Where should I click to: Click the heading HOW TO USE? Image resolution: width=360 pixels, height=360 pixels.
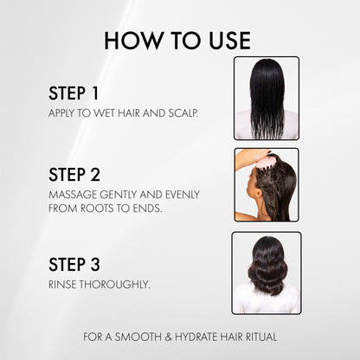177,41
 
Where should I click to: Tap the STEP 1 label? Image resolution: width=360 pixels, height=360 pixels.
74,93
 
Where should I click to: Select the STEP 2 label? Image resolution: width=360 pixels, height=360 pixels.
74,175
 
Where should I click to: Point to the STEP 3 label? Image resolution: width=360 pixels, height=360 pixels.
74,264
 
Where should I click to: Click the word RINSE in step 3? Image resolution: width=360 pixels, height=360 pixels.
62,285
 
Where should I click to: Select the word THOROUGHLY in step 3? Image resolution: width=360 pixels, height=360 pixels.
114,285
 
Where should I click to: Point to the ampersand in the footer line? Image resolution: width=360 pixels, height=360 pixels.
168,337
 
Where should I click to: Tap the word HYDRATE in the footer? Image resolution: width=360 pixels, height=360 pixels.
196,337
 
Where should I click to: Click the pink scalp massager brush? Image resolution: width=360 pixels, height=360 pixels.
267,161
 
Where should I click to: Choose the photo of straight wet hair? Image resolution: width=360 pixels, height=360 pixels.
267,99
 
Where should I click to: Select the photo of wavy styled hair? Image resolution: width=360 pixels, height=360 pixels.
267,273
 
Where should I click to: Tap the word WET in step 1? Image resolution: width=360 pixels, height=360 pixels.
104,113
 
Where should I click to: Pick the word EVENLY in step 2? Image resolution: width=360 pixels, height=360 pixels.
183,195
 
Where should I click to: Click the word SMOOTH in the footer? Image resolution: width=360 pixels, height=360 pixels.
138,337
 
